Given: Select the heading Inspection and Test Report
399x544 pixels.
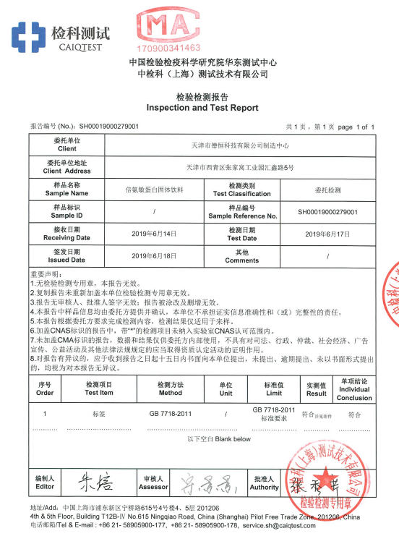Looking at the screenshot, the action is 202,108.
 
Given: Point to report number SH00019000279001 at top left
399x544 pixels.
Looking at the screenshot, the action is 108,126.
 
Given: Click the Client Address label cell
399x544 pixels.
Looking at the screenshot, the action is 67,167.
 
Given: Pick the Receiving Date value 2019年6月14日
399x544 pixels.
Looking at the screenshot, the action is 155,234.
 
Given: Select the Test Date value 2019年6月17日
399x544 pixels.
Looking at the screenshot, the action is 328,234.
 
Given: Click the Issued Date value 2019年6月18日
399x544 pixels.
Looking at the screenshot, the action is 155,256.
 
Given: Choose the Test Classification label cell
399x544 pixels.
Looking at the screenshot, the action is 242,190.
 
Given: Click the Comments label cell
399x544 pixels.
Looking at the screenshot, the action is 242,256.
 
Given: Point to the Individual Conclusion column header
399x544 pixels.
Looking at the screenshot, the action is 354,389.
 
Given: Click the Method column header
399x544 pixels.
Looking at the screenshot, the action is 171,389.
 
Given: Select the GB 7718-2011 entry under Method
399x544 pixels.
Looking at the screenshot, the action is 171,415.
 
